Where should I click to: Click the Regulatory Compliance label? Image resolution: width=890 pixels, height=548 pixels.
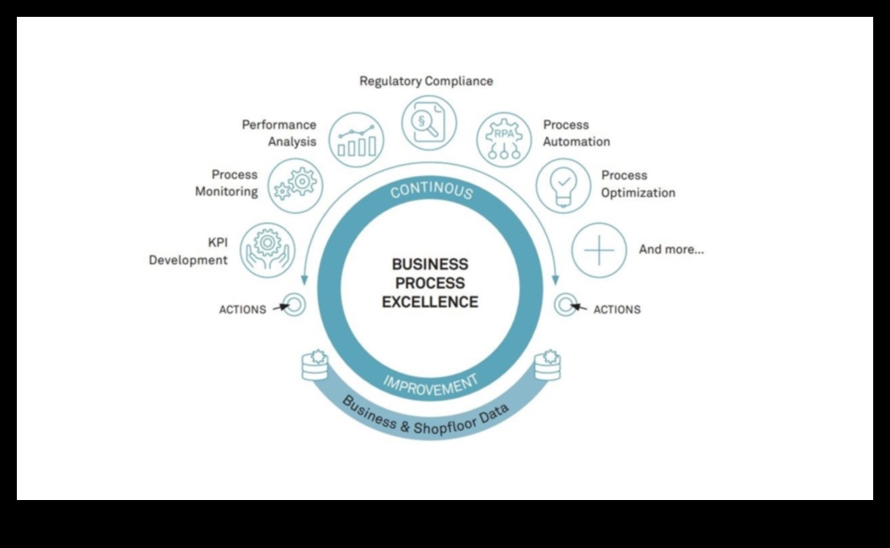[426, 82]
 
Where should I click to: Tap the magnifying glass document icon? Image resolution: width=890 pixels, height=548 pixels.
[428, 123]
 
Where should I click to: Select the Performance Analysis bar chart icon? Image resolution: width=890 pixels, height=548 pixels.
[356, 140]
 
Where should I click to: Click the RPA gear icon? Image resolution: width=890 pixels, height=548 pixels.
[504, 140]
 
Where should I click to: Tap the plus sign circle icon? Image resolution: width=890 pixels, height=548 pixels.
[599, 250]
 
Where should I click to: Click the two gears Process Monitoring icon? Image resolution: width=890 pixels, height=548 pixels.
[295, 185]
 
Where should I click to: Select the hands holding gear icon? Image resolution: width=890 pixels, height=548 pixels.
[268, 248]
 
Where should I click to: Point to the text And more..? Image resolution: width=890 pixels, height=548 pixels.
[671, 250]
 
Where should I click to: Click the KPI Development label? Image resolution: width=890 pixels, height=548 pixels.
[188, 252]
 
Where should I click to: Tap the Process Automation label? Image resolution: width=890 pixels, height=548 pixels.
[576, 133]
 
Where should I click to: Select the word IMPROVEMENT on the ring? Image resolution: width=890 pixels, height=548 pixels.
[430, 384]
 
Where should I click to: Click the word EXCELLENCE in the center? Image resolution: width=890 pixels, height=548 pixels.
[430, 302]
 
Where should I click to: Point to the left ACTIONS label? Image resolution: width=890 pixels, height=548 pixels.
[242, 310]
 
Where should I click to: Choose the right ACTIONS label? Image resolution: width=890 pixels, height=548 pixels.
[617, 310]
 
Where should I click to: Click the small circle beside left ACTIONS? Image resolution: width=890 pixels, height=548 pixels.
[294, 304]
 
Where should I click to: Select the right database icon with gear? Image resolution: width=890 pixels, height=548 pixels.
[548, 364]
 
